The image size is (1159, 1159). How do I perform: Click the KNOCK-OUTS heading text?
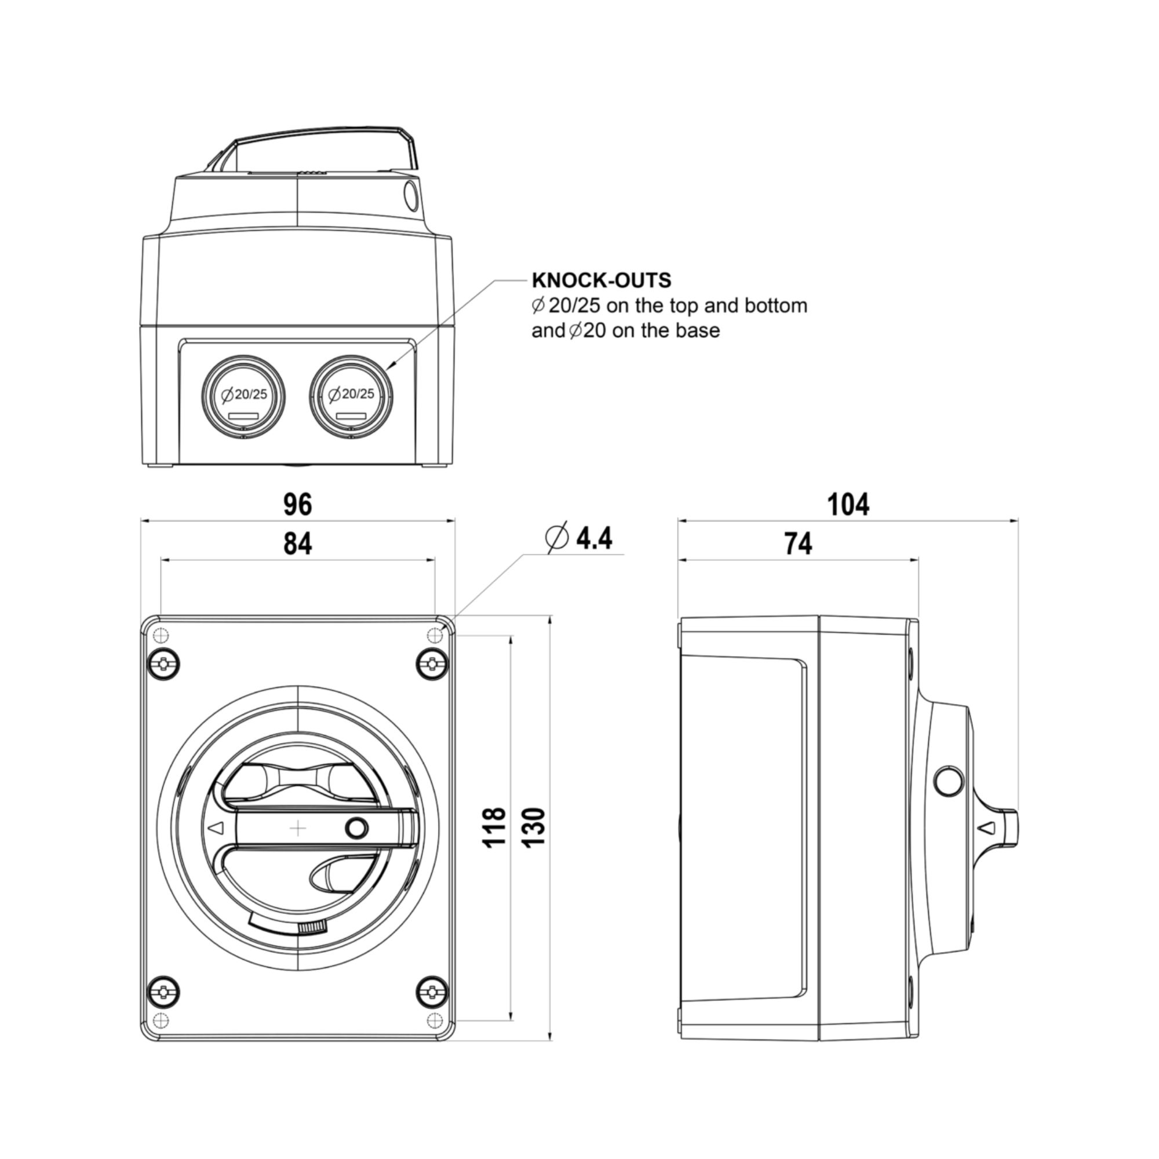click(602, 280)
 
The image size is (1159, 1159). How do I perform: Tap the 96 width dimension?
click(297, 505)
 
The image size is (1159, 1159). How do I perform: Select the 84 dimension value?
click(297, 544)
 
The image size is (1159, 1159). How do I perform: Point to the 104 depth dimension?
click(848, 505)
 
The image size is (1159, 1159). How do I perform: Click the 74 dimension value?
click(798, 544)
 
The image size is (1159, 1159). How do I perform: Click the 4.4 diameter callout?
click(579, 538)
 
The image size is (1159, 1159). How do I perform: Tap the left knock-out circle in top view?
click(243, 396)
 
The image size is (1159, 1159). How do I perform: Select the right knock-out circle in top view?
click(351, 396)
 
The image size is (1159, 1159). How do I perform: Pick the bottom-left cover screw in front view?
click(164, 992)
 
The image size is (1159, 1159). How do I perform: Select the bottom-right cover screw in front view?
click(432, 992)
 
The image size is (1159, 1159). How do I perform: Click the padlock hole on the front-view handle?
click(356, 829)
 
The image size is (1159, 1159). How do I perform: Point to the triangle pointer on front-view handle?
click(216, 828)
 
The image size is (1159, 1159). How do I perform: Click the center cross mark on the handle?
click(298, 829)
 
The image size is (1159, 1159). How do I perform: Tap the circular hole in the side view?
click(949, 781)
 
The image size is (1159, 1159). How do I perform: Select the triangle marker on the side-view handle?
click(987, 828)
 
